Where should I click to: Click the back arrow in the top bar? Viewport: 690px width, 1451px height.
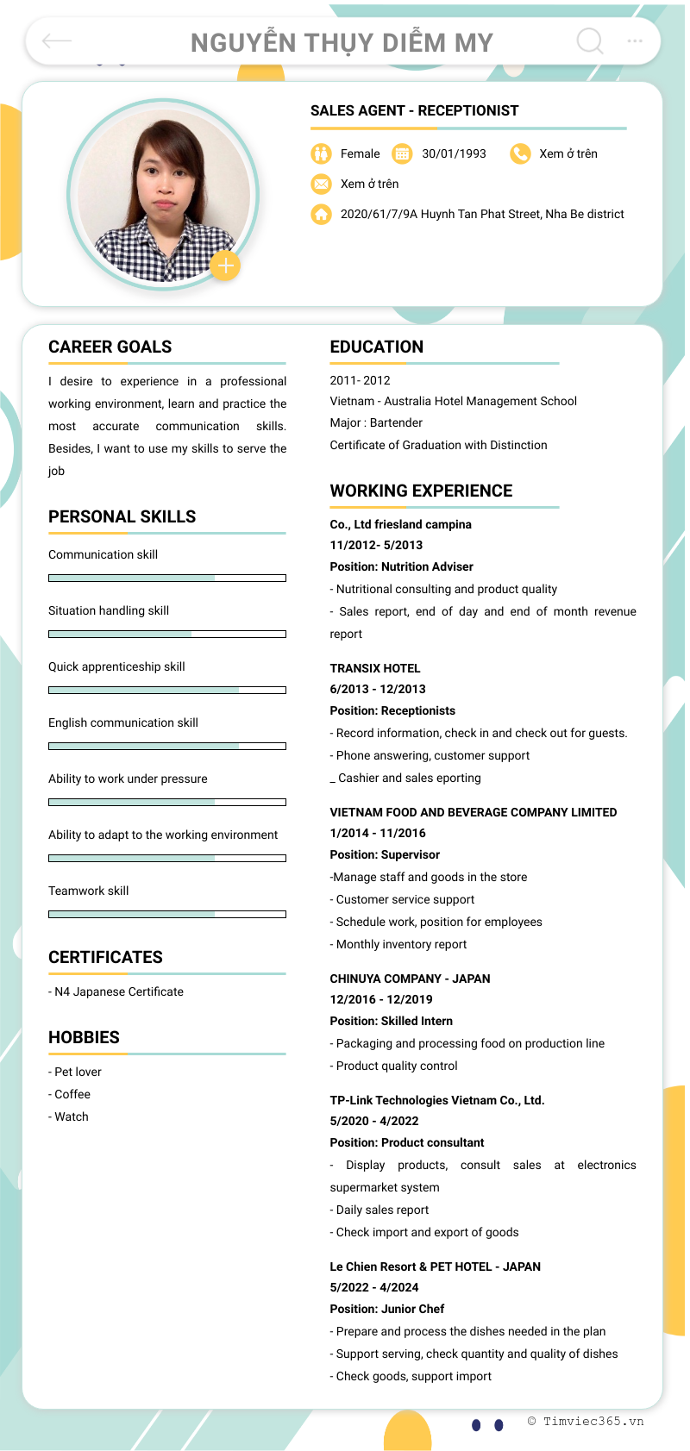57,41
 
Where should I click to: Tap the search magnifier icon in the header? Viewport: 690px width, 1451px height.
590,41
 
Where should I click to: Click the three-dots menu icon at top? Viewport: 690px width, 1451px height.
635,41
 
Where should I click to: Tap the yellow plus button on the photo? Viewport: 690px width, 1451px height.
225,266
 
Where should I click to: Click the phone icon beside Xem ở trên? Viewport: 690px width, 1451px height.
520,153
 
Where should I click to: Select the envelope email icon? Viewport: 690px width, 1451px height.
321,184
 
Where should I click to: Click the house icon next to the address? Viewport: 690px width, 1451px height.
321,214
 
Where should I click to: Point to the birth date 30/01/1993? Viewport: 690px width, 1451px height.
454,153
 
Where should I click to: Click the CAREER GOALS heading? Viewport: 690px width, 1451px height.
110,347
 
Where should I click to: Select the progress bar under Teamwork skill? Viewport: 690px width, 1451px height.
166,914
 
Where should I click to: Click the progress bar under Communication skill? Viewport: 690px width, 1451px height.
166,578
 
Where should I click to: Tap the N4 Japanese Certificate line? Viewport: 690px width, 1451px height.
116,991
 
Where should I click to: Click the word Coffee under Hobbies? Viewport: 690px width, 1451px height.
72,1094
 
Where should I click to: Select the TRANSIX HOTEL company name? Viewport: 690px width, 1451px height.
375,668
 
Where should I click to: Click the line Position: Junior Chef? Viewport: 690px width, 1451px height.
387,1309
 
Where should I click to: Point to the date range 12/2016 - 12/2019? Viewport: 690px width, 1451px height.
381,999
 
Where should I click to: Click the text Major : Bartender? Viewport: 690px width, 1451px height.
376,422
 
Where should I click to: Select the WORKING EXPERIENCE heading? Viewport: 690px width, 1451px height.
421,491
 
